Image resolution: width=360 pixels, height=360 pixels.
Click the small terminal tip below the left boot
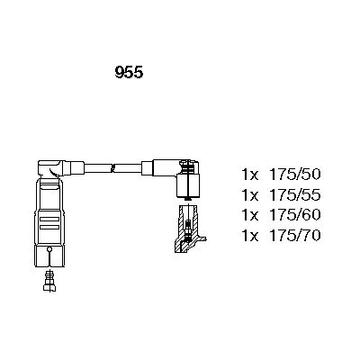coord(50,283)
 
